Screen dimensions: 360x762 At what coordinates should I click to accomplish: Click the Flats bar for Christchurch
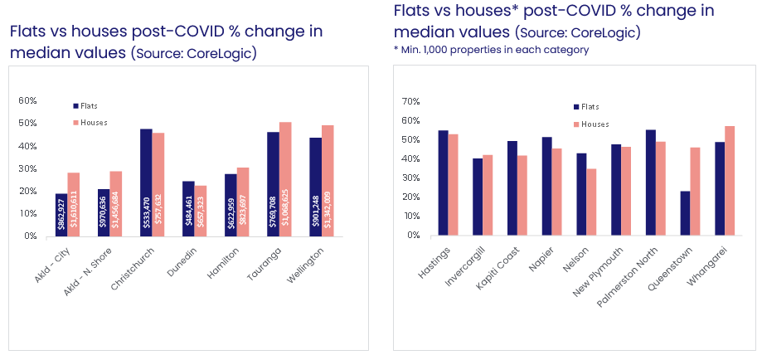pyautogui.click(x=146, y=182)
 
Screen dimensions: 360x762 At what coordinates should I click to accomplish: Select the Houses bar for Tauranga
pyautogui.click(x=286, y=179)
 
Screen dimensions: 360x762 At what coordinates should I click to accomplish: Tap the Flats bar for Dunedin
pyautogui.click(x=188, y=208)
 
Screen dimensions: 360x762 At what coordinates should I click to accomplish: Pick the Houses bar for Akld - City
pyautogui.click(x=73, y=204)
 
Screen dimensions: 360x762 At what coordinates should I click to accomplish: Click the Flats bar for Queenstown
pyautogui.click(x=685, y=213)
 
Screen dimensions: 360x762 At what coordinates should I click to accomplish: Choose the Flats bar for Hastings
pyautogui.click(x=443, y=182)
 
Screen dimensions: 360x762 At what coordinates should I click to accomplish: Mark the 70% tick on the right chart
pyautogui.click(x=412, y=100)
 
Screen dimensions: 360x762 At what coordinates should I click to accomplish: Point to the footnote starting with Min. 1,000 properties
pyautogui.click(x=491, y=50)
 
